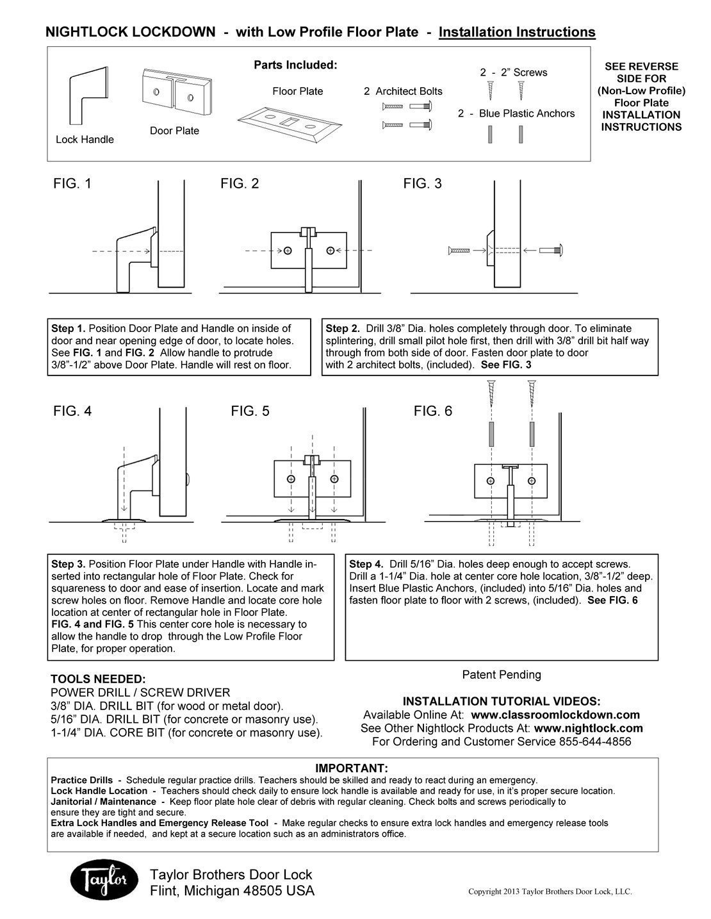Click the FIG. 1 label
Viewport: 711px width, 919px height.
tap(72, 184)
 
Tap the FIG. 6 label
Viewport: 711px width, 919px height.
tap(433, 411)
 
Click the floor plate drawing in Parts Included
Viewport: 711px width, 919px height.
tap(288, 122)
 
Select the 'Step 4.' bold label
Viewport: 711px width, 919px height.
tap(366, 564)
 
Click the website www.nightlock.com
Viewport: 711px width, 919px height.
tap(588, 728)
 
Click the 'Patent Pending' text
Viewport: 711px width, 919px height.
tap(501, 674)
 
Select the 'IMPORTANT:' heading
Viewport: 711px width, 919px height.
tap(352, 768)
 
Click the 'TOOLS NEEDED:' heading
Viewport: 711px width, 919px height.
tap(98, 679)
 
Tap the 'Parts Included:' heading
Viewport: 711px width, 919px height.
tap(295, 65)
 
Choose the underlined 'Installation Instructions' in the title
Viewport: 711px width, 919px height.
tap(517, 32)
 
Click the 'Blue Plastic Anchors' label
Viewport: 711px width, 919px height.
tap(527, 113)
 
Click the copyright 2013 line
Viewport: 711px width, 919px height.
tap(550, 891)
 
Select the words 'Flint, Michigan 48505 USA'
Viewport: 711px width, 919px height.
tap(232, 891)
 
